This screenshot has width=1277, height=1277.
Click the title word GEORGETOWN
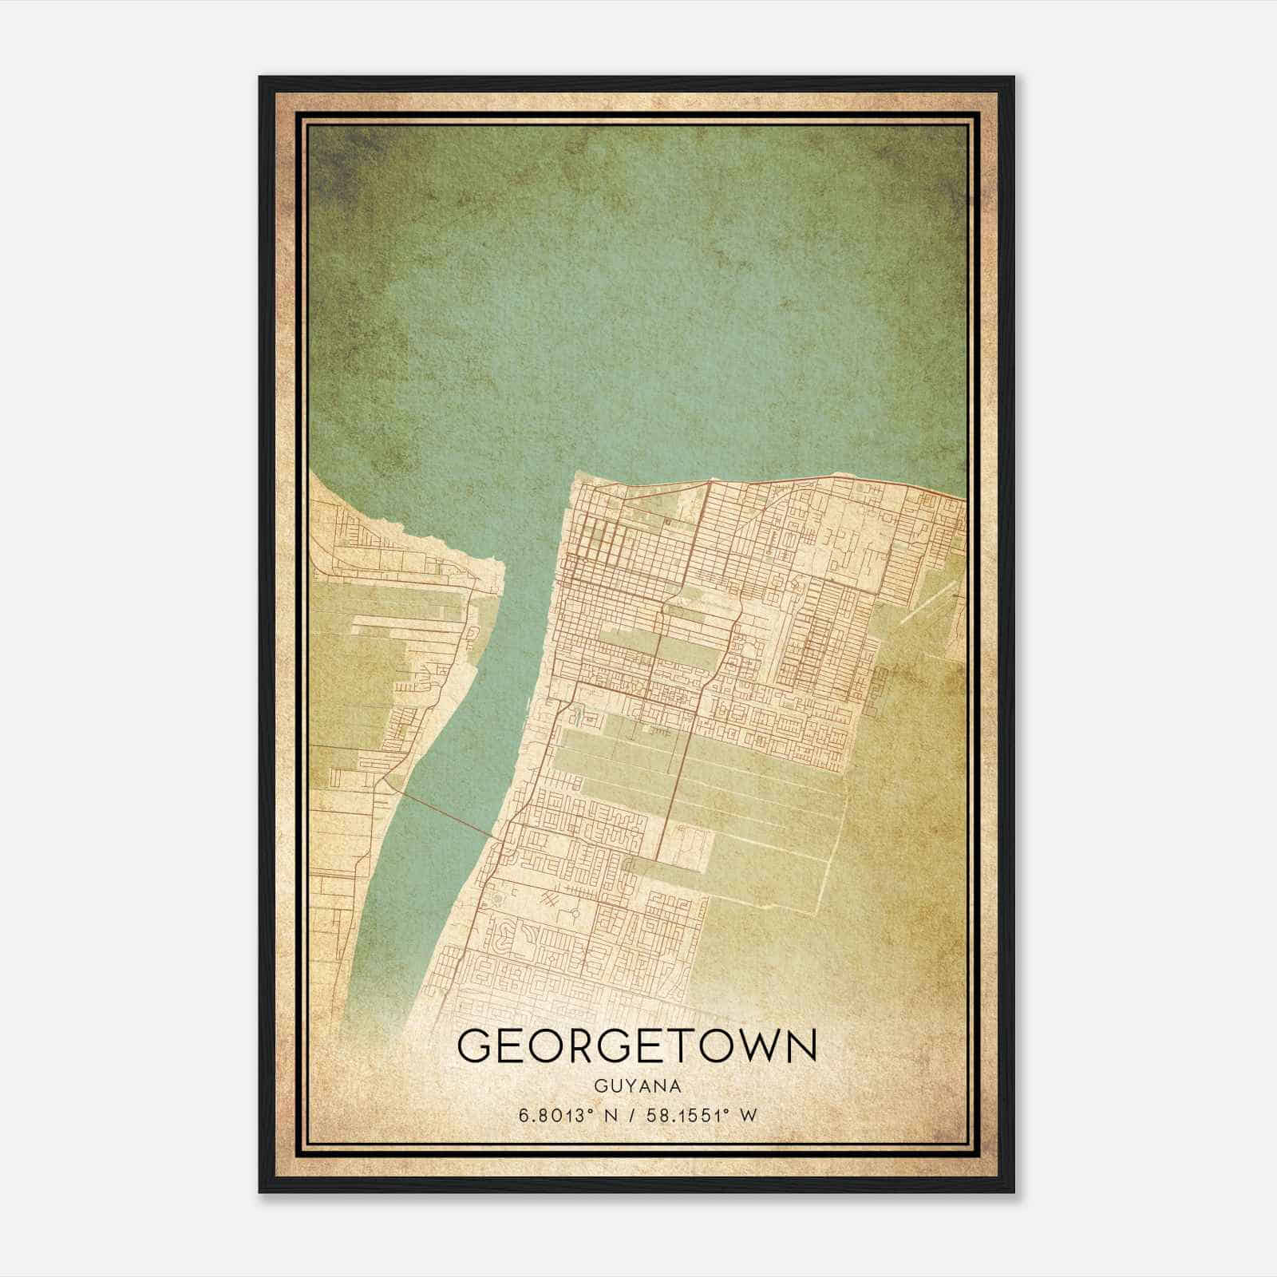pos(637,1046)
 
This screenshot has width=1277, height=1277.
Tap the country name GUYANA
pos(638,1086)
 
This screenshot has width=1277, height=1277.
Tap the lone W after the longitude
pos(748,1116)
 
